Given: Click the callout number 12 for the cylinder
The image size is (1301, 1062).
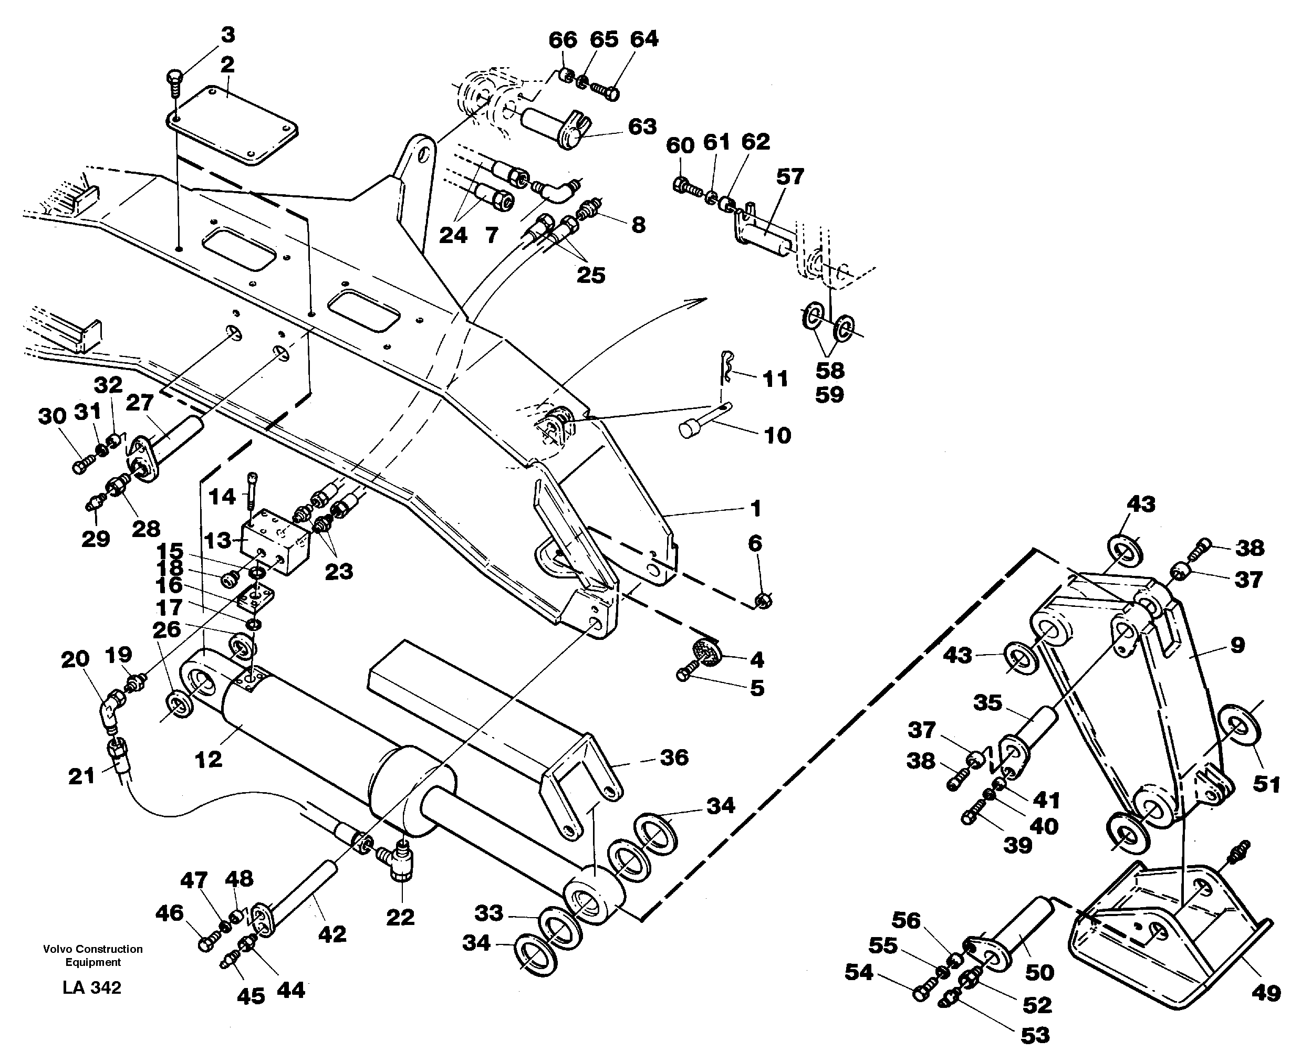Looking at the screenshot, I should pyautogui.click(x=208, y=759).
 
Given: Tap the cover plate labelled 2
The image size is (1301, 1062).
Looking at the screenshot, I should pyautogui.click(x=233, y=125).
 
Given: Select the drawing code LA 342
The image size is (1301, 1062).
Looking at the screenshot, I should pyautogui.click(x=92, y=988).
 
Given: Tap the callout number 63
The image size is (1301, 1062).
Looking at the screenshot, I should pyautogui.click(x=642, y=127).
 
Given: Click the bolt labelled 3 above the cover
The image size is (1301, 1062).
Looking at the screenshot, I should pyautogui.click(x=173, y=82).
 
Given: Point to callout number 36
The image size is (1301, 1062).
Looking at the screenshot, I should pyautogui.click(x=674, y=758).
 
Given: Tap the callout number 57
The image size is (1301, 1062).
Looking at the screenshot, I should pyautogui.click(x=789, y=177).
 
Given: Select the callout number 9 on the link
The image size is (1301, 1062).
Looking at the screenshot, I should pyautogui.click(x=1237, y=645).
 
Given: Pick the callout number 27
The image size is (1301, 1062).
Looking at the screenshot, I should pyautogui.click(x=140, y=403).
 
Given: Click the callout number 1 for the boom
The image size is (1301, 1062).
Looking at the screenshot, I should pyautogui.click(x=756, y=508).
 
